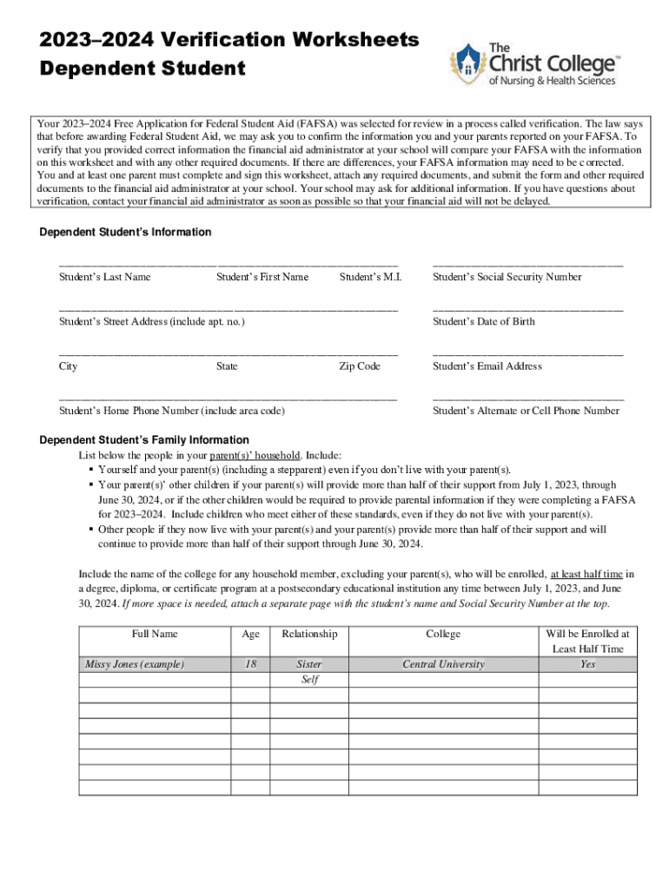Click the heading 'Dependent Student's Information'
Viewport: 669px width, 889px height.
[x=125, y=233]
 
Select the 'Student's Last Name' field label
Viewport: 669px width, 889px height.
[x=104, y=277]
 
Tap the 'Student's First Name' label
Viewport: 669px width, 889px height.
[x=262, y=277]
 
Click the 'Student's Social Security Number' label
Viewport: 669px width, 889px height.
[x=507, y=277]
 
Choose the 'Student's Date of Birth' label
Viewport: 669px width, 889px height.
[x=483, y=322]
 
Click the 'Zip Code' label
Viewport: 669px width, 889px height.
[x=359, y=366]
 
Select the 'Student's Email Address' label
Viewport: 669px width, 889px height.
[x=487, y=366]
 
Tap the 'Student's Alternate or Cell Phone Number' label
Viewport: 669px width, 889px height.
[x=526, y=411]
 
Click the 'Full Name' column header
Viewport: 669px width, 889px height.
[x=155, y=635]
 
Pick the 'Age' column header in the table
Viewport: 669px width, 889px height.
[x=250, y=635]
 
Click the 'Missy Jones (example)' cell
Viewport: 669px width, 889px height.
[x=134, y=664]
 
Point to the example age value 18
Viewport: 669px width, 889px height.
[x=250, y=664]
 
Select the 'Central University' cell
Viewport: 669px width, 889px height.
[x=443, y=664]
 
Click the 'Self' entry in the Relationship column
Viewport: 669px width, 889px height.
[x=309, y=680]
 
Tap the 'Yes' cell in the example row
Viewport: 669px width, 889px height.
[x=587, y=664]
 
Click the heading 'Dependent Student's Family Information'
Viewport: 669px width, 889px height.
[x=144, y=440]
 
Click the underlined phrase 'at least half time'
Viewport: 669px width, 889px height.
[x=586, y=574]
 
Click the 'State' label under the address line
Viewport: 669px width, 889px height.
[x=227, y=366]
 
